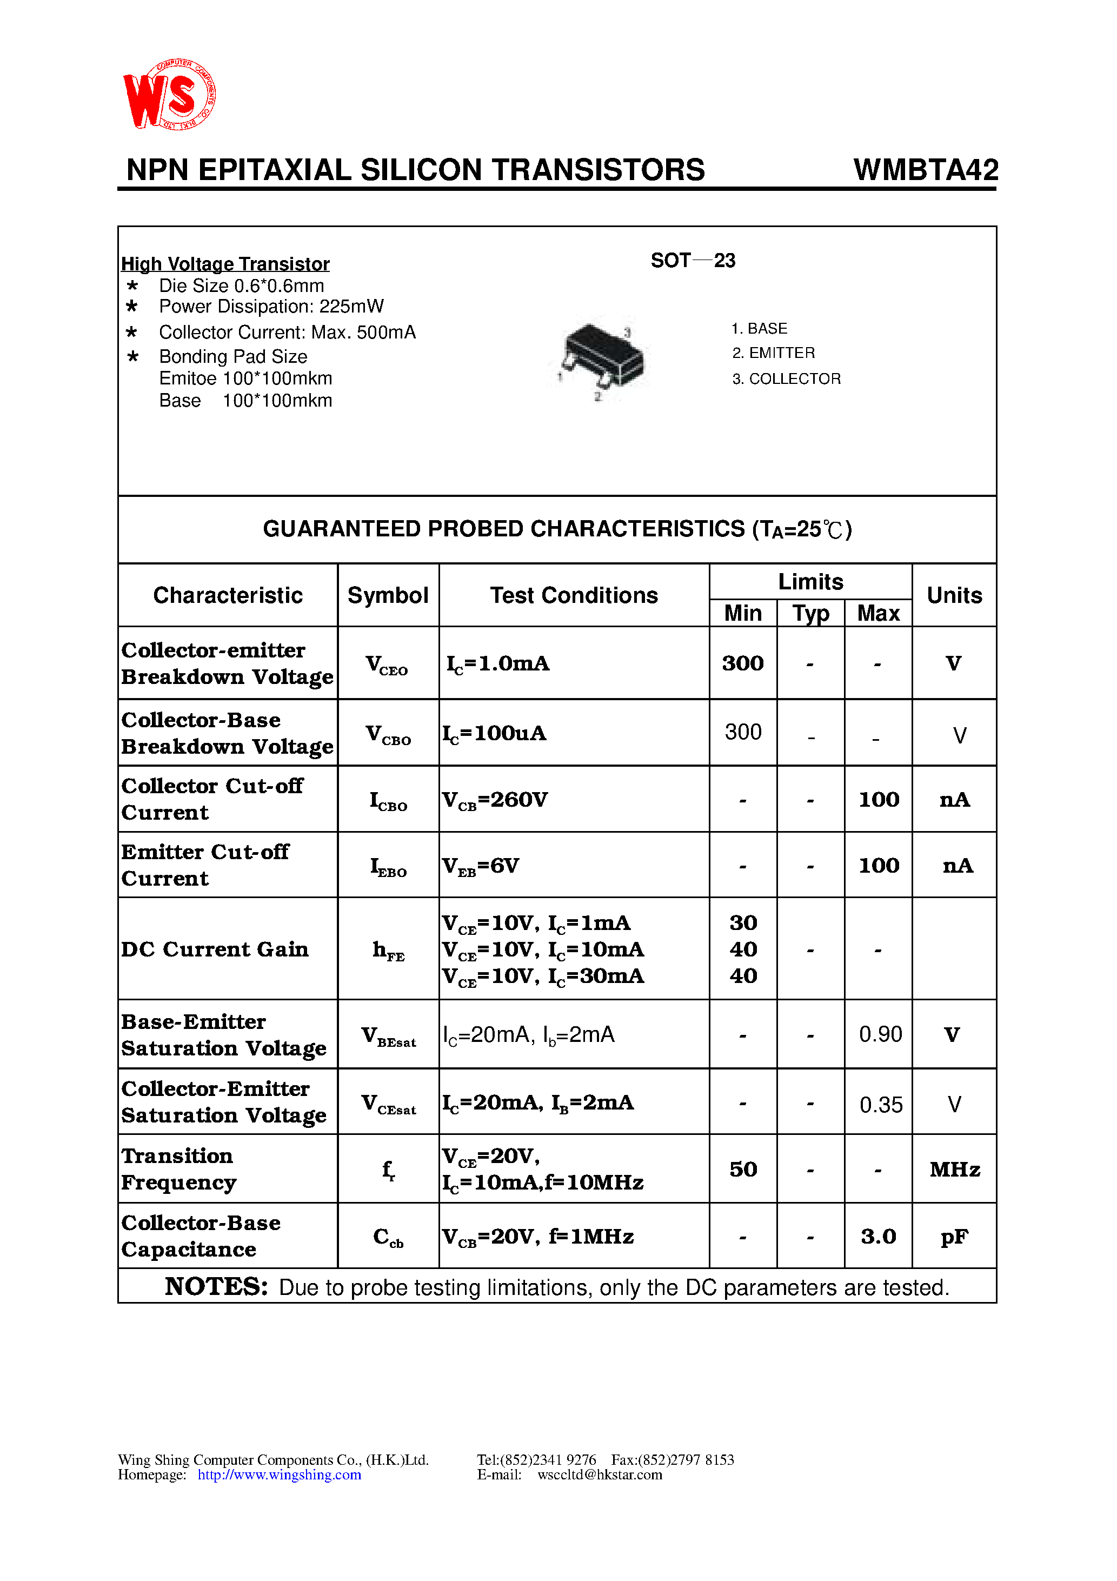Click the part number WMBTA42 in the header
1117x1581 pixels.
[x=925, y=170]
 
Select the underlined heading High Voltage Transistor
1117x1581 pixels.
[x=225, y=264]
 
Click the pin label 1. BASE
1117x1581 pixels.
[x=759, y=328]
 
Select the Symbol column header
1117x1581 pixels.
[x=388, y=595]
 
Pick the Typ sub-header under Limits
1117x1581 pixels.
[x=810, y=613]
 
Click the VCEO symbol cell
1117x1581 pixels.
[x=387, y=665]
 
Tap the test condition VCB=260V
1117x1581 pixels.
[x=495, y=800]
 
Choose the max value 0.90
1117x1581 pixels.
[x=880, y=1034]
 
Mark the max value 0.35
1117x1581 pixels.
[x=880, y=1105]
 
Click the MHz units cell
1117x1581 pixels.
[x=954, y=1169]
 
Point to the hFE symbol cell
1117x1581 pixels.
[x=388, y=950]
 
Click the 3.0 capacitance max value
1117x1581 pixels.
[x=879, y=1237]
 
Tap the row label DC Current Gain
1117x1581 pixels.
[x=215, y=949]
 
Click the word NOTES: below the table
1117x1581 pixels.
[x=216, y=1286]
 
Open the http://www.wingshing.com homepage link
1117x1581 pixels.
[x=279, y=1474]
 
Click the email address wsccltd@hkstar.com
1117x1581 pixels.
[x=599, y=1474]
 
